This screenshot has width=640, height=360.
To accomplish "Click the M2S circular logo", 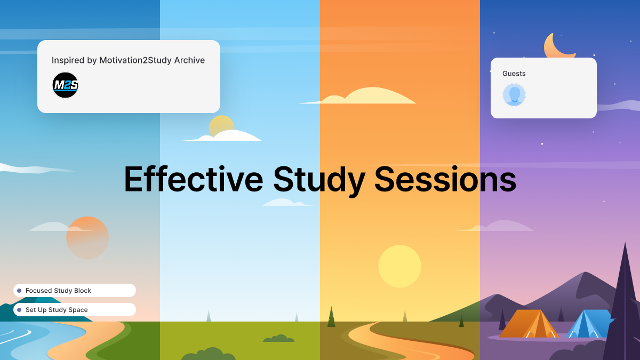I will point(66,85).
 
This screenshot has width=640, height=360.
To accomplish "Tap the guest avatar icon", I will point(514,95).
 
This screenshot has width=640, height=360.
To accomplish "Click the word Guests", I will point(514,74).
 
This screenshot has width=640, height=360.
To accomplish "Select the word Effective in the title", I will point(193,179).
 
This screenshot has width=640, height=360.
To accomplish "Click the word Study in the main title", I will point(319,180).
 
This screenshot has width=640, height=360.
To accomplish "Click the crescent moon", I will point(557,47).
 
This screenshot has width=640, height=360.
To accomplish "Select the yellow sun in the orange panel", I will point(399,266).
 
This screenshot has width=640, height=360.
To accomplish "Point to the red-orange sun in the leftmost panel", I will point(87,238).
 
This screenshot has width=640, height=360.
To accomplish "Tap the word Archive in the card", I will point(189,60).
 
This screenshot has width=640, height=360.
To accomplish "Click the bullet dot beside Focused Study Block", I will point(19,291).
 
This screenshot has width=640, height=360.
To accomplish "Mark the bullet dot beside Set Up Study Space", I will point(19,310).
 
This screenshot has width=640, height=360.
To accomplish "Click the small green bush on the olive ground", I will point(278,339).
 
